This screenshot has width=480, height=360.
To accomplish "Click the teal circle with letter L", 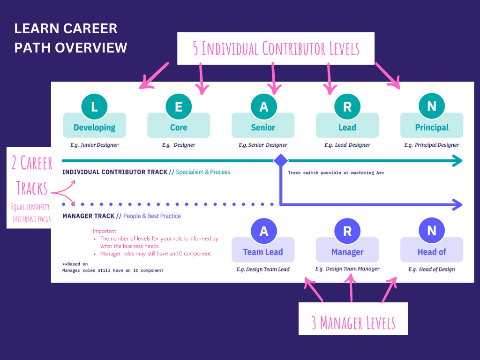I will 94,106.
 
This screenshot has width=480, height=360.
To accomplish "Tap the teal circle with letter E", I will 179,106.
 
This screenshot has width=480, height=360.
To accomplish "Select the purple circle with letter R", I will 347,231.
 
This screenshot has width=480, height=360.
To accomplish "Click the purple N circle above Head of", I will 432,231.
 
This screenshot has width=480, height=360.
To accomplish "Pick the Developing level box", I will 94,127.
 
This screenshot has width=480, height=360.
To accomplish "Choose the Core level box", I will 179,127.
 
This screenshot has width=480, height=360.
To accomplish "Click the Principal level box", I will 432,127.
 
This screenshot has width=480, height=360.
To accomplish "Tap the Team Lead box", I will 263,252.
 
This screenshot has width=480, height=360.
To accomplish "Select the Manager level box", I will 347,252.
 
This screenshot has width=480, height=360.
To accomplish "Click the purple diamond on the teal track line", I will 280,161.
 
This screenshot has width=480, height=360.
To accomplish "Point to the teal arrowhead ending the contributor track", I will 457,161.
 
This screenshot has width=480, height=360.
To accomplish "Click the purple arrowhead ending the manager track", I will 457,204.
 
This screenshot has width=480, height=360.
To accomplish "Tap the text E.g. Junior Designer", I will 94,145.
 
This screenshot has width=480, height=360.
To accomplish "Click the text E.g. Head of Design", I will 432,269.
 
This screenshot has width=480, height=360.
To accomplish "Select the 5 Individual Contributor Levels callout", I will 276,48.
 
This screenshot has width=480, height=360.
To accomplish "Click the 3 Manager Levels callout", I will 353,322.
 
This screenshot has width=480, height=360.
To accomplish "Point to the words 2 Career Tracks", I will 32,176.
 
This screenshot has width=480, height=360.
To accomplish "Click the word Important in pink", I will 105,231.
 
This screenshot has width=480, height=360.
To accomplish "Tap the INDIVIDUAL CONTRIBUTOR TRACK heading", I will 115,172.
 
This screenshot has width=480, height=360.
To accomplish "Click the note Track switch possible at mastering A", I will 336,172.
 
